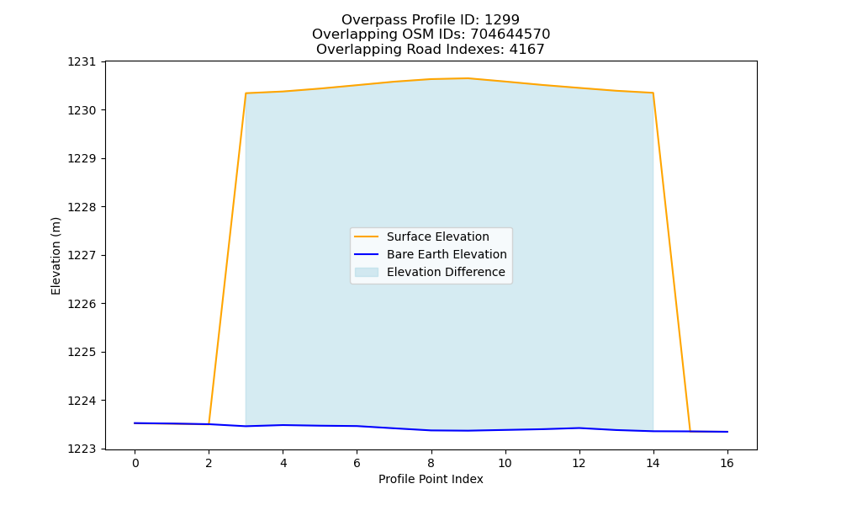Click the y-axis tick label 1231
tap(82, 61)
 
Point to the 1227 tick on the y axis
tap(82, 256)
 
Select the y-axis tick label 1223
tap(82, 449)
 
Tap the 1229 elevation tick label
tap(82, 159)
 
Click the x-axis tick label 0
tap(135, 463)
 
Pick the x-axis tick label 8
tap(431, 463)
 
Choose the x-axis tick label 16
tap(727, 463)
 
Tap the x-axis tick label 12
tap(579, 463)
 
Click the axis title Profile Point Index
tap(431, 479)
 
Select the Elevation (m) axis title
tap(56, 256)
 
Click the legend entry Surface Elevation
tap(437, 237)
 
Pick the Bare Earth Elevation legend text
tap(447, 254)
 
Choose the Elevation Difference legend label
tap(446, 272)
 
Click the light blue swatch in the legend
tap(367, 272)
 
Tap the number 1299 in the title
tap(502, 20)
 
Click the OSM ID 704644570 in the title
tap(510, 35)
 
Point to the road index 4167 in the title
tap(526, 50)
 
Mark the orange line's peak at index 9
tap(468, 78)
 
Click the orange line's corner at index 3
tap(246, 93)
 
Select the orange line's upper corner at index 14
tap(653, 93)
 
